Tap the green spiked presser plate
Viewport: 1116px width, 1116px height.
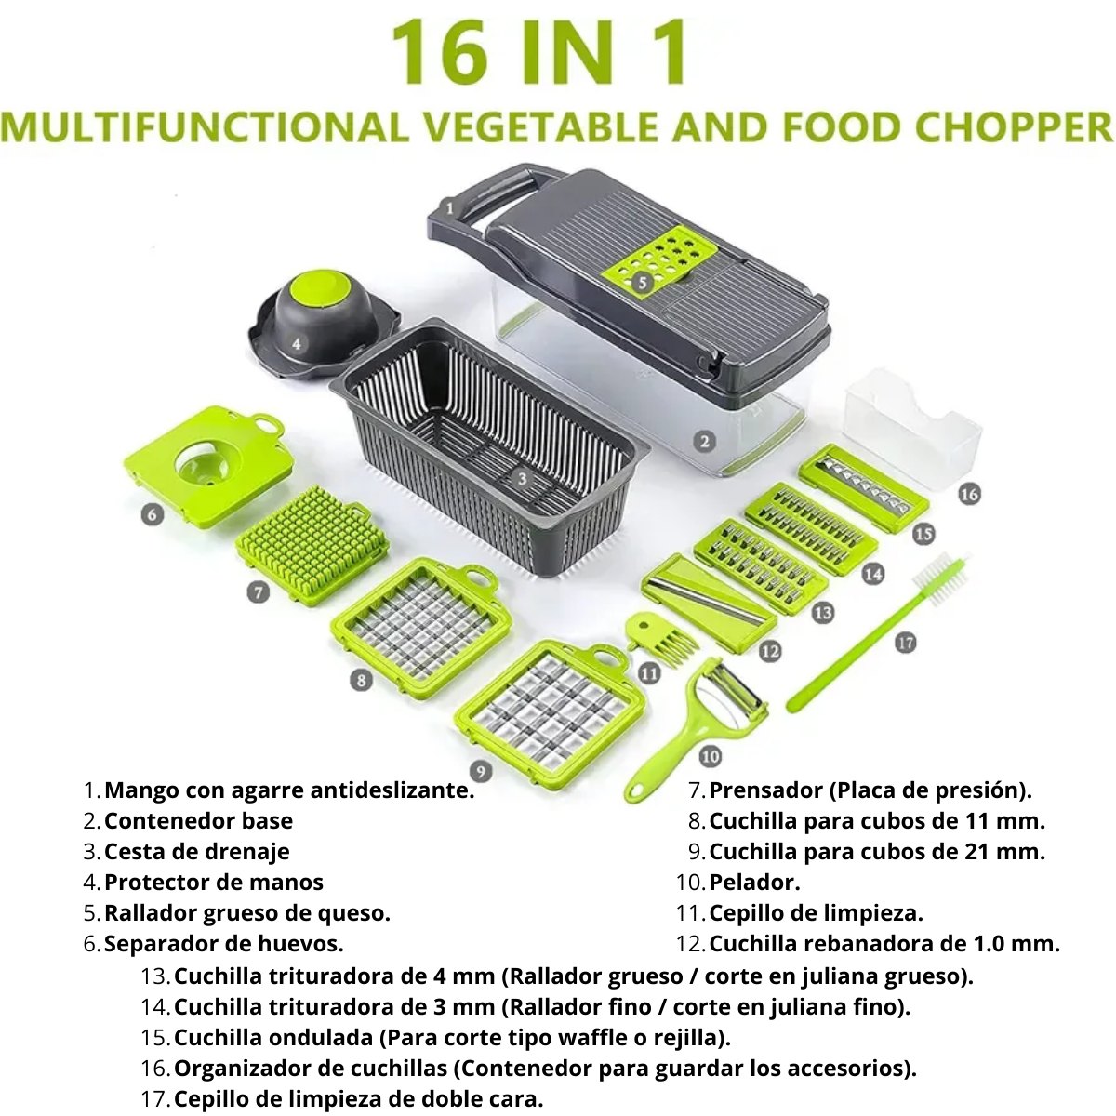click(312, 546)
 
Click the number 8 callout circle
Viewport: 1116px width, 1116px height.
click(362, 679)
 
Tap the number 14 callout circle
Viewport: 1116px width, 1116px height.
click(872, 574)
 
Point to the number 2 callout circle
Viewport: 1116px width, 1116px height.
click(704, 442)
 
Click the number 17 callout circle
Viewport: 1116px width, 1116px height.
click(905, 643)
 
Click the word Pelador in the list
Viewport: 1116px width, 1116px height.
click(754, 882)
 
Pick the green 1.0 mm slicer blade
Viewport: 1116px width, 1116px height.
click(708, 600)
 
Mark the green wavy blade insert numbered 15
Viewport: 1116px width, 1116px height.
click(864, 489)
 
